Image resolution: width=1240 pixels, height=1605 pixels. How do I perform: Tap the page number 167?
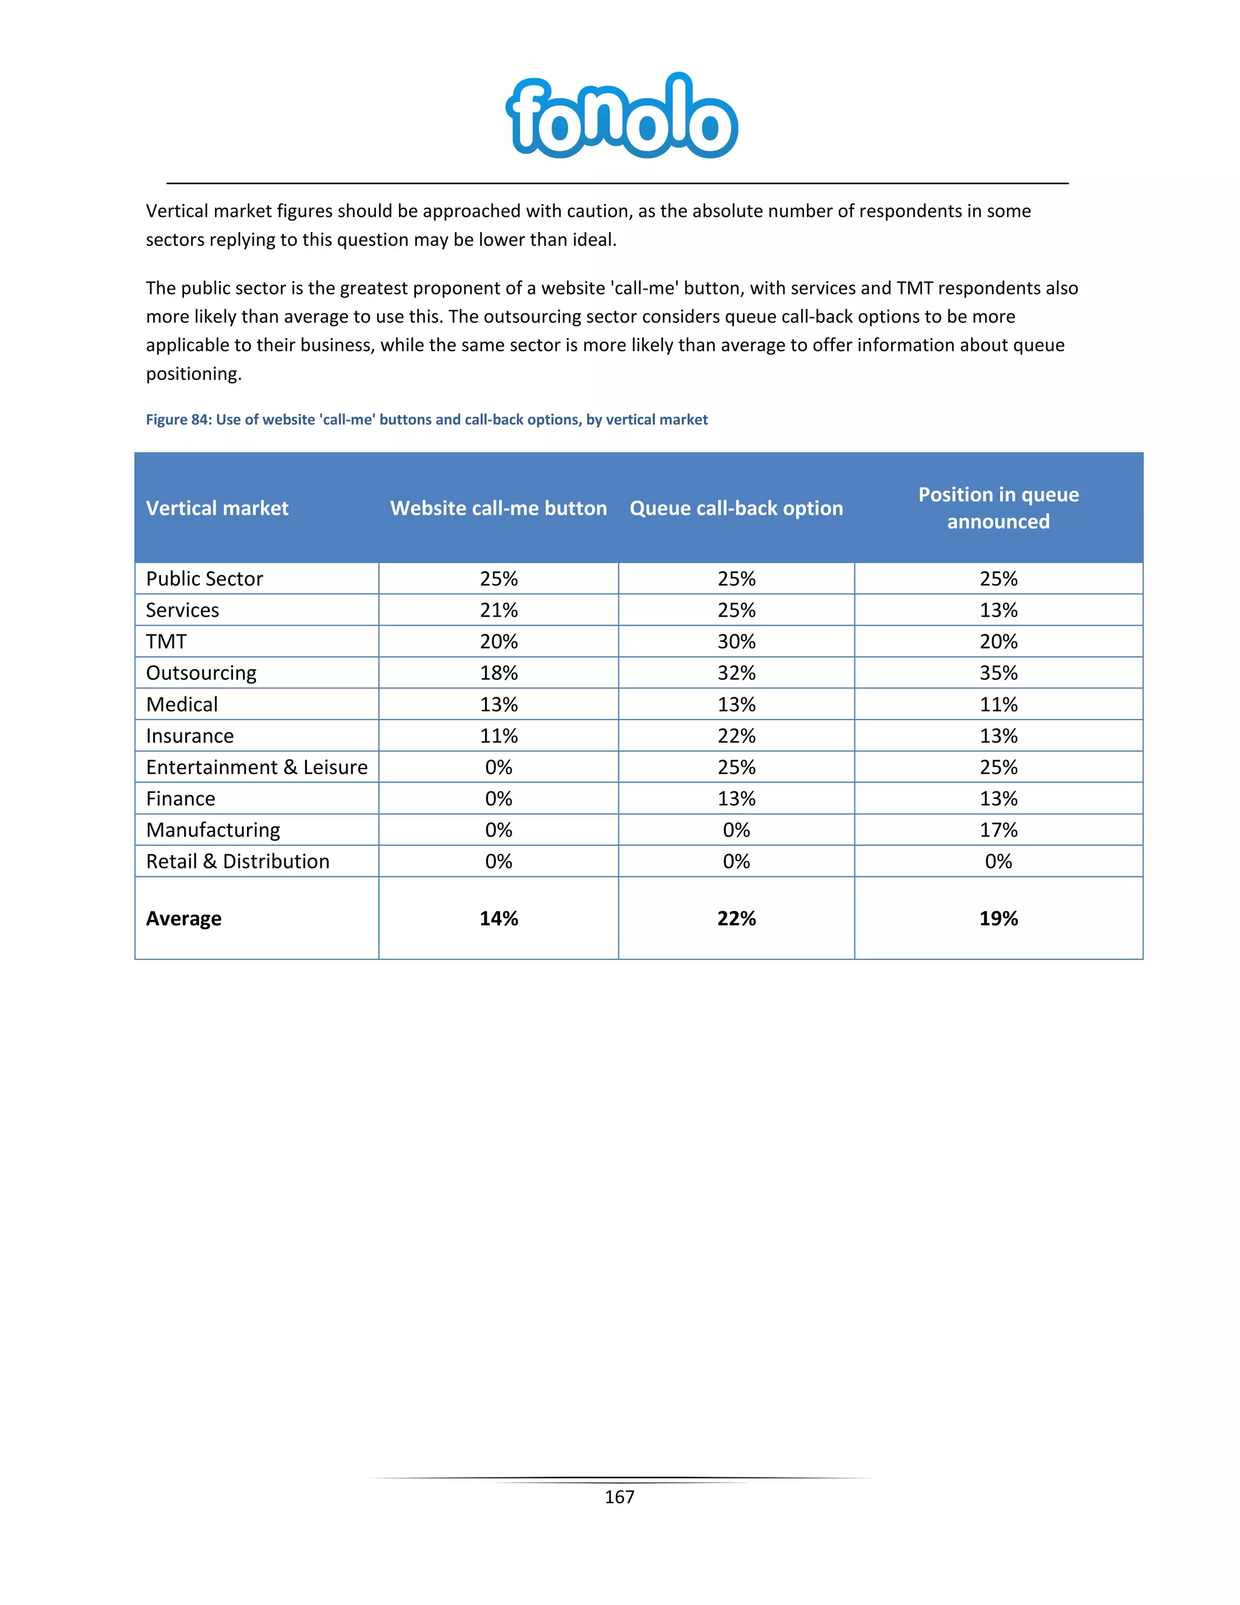click(619, 1497)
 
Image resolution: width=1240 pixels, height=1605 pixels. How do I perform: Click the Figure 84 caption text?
click(426, 420)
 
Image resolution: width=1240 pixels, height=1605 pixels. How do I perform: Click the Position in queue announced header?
click(998, 508)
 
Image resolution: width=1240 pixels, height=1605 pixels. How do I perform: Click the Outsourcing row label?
click(201, 673)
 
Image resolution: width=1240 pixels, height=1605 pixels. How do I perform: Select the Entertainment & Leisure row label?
click(256, 767)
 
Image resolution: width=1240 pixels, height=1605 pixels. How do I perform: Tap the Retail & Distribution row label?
click(237, 861)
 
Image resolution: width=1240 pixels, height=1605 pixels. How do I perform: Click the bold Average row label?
click(183, 919)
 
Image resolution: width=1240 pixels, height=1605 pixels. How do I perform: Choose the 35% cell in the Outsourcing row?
click(998, 673)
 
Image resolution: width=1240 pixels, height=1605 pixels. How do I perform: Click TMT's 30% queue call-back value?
click(736, 641)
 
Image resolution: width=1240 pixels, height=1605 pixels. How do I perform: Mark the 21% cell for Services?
click(498, 610)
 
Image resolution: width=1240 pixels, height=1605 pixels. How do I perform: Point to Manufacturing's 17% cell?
click(998, 830)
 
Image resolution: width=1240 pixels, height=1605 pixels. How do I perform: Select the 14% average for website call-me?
click(498, 919)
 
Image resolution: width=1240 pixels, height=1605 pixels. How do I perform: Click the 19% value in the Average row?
click(998, 919)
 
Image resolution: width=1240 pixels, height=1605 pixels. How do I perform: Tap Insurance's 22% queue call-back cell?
click(736, 736)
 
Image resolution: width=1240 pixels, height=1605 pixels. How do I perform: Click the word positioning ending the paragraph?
click(193, 374)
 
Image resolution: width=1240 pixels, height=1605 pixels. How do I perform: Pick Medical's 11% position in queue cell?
click(998, 705)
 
